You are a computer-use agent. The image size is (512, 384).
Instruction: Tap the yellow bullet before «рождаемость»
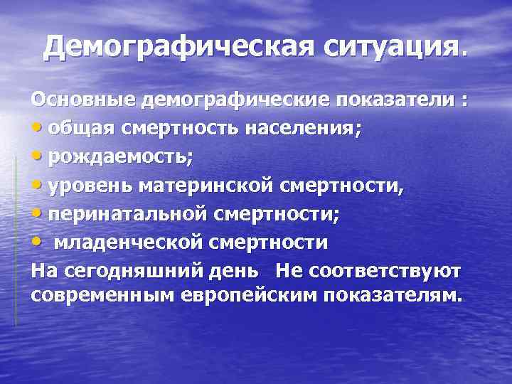click(38, 159)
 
